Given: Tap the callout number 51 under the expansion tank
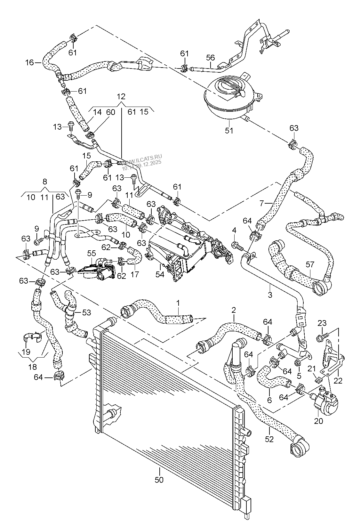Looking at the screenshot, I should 229,130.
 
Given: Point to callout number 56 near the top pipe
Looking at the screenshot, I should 210,58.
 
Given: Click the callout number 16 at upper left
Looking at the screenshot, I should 29,62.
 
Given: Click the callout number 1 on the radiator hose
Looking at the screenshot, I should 178,302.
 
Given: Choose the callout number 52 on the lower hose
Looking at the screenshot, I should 269,439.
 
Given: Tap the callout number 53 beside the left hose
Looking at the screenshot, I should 86,312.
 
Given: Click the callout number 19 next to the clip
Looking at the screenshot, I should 26,352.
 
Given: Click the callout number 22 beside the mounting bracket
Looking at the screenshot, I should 338,381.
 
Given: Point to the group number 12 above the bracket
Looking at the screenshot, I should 121,96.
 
